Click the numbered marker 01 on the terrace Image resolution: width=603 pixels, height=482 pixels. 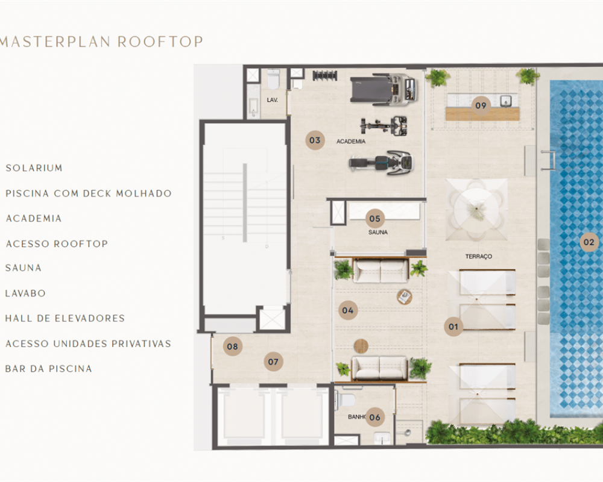(x=453, y=327)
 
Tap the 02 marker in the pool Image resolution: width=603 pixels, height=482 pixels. (x=589, y=242)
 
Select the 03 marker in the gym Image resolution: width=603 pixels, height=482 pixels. (x=315, y=140)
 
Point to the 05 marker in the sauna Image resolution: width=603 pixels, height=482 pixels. (x=375, y=219)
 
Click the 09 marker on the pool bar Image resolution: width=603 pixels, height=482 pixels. (x=481, y=105)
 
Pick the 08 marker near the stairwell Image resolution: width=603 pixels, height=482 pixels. (x=233, y=346)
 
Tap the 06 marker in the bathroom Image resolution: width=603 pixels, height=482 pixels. (x=375, y=417)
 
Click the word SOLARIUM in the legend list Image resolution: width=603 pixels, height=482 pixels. (x=34, y=168)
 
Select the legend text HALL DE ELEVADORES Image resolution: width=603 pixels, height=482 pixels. (x=65, y=318)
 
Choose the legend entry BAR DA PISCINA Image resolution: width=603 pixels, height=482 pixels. (x=48, y=369)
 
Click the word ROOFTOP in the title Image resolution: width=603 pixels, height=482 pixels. (x=160, y=42)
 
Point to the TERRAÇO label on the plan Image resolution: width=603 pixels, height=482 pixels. (x=478, y=257)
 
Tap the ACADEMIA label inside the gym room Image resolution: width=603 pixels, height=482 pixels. (x=351, y=142)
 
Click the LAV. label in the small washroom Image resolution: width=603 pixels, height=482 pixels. (x=273, y=100)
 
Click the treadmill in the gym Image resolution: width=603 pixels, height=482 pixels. (x=384, y=89)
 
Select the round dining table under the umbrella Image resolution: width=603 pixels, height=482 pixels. (x=476, y=210)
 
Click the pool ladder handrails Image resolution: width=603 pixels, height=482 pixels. (x=548, y=160)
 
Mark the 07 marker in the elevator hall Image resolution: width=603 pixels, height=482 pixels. (x=273, y=361)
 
